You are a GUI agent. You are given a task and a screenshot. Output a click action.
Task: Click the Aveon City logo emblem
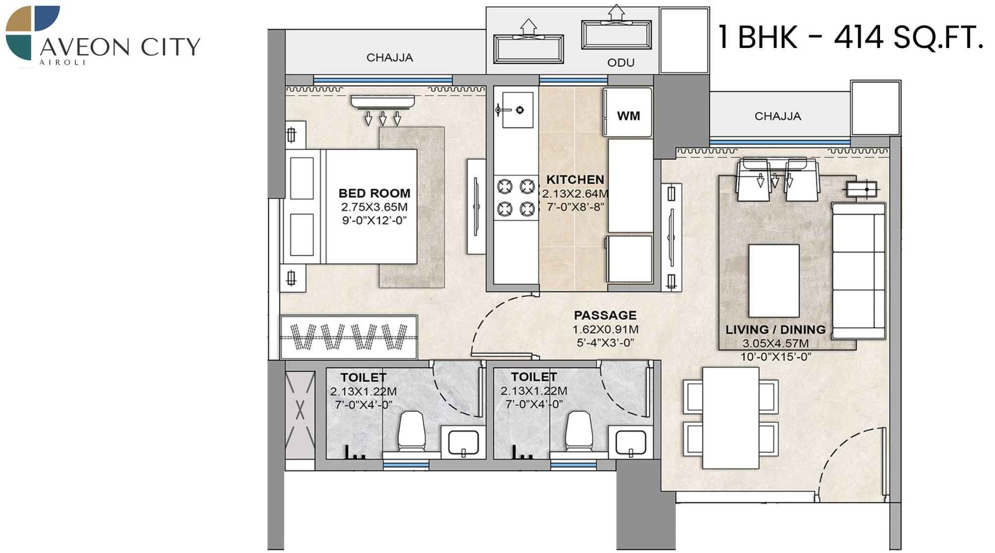(x=32, y=32)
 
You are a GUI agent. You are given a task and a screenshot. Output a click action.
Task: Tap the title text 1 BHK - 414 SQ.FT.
(x=850, y=37)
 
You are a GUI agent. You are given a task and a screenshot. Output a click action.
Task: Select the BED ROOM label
(x=374, y=193)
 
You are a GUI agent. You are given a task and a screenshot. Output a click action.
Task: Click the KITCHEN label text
(x=575, y=180)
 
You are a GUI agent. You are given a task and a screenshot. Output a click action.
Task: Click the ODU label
(x=621, y=63)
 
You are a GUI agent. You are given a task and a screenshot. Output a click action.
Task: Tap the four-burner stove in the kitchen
(x=516, y=197)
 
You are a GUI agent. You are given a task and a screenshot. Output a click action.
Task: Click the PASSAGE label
(x=604, y=315)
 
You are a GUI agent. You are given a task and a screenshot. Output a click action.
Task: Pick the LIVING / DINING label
(x=775, y=330)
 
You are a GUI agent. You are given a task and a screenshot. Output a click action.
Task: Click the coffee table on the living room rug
(x=774, y=281)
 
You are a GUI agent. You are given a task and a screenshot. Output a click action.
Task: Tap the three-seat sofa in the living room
(x=858, y=271)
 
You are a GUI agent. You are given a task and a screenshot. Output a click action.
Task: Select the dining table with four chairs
(x=730, y=417)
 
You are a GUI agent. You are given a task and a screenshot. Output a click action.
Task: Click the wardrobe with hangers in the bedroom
(x=348, y=337)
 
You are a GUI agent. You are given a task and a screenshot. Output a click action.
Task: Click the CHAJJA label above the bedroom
(x=389, y=58)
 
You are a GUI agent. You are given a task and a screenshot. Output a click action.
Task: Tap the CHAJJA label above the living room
(x=777, y=116)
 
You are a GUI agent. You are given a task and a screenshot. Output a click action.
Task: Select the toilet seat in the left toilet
(x=410, y=431)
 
